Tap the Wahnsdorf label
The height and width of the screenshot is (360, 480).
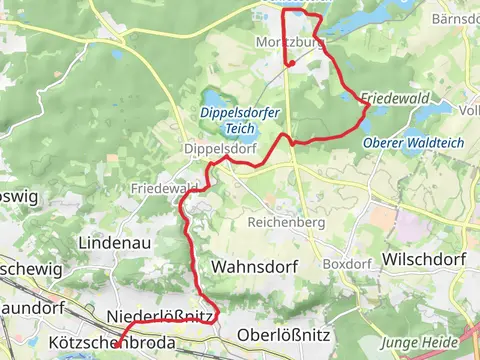pyautogui.click(x=244, y=267)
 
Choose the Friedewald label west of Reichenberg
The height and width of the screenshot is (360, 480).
pyautogui.click(x=162, y=188)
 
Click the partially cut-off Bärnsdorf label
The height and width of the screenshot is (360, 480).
pyautogui.click(x=456, y=19)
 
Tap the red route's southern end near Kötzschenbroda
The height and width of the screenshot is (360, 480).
pyautogui.click(x=117, y=346)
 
